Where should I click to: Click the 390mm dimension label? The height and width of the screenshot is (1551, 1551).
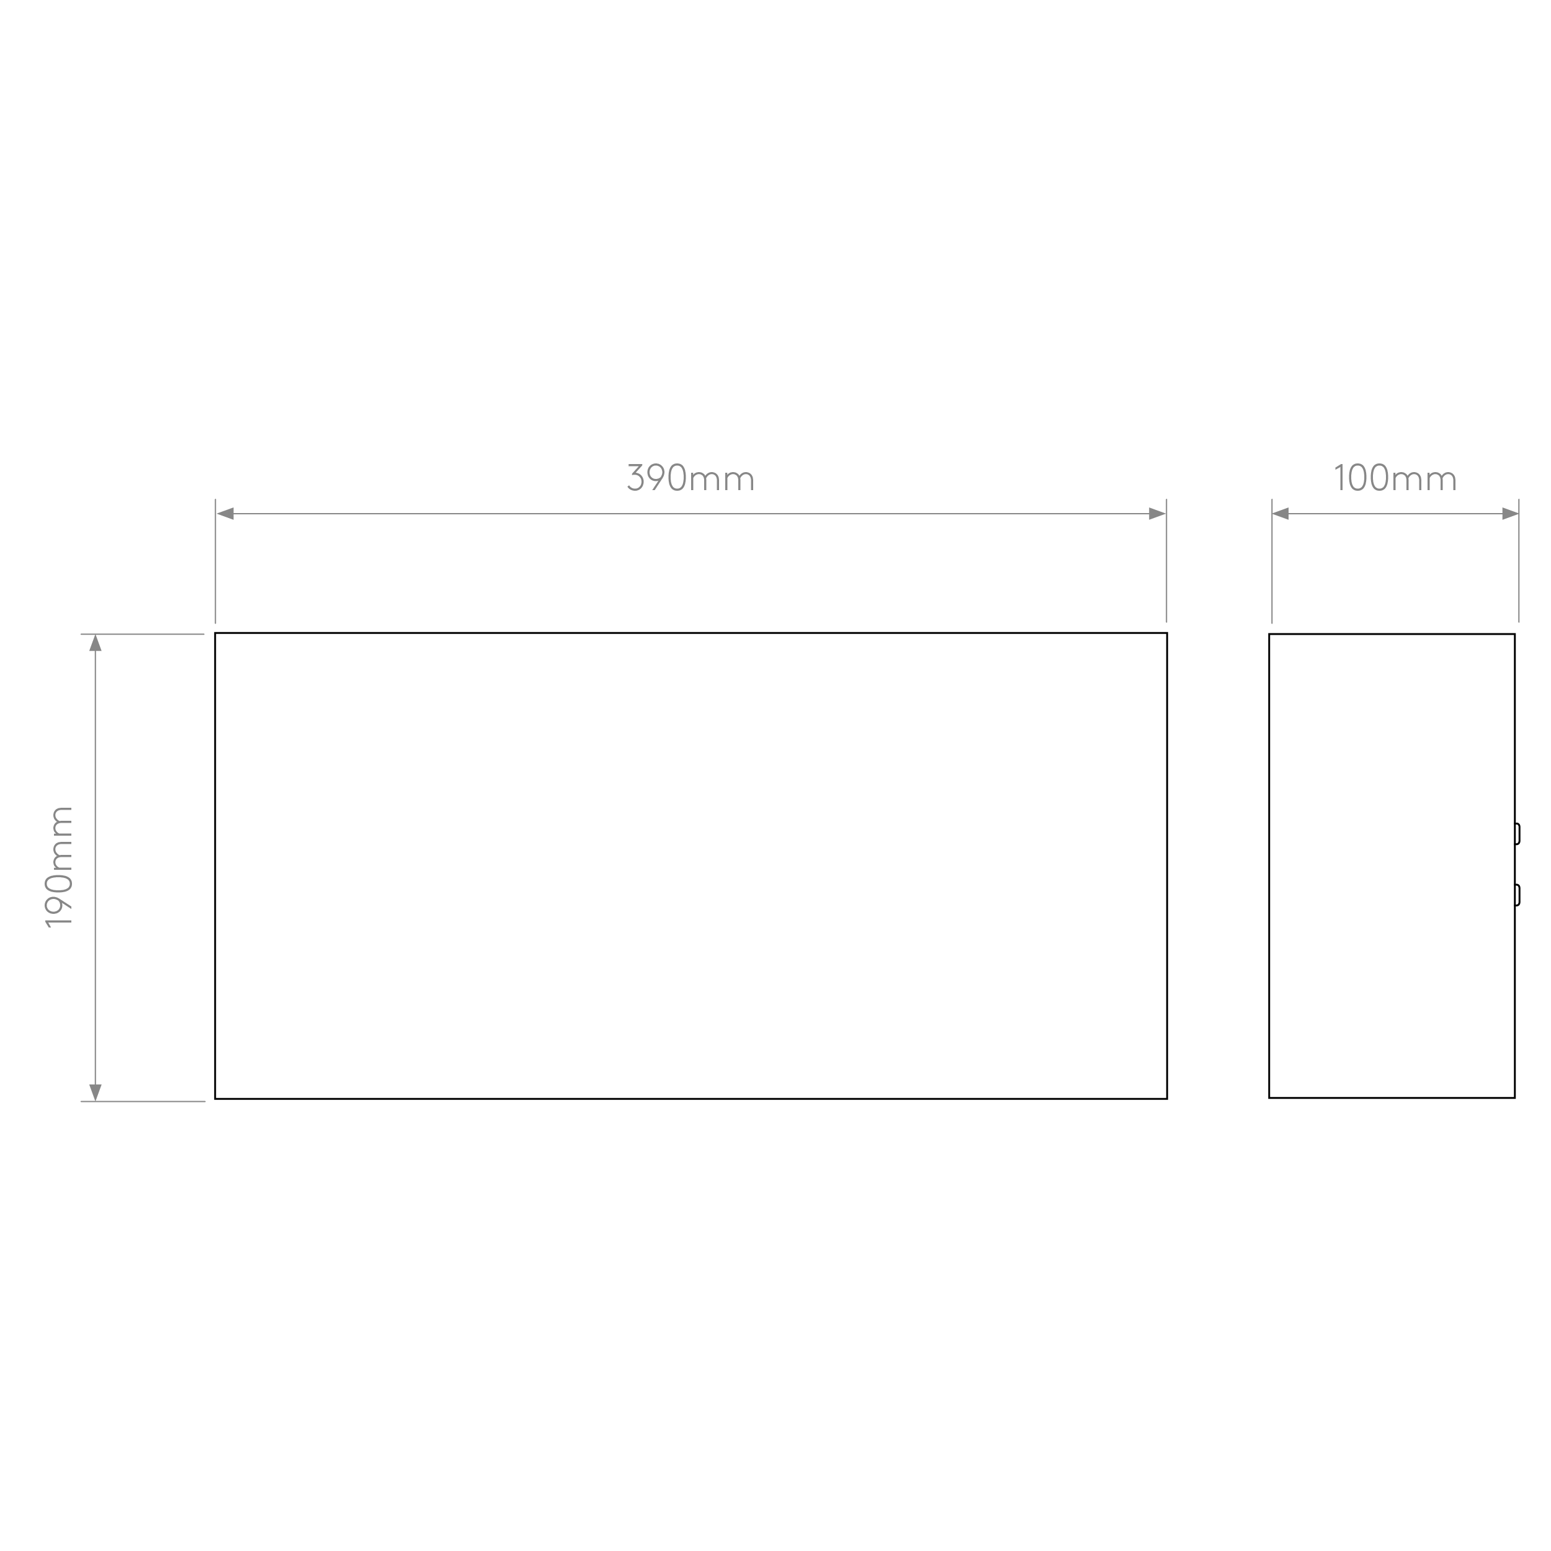691,478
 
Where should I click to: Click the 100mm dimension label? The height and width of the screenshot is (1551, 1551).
1395,478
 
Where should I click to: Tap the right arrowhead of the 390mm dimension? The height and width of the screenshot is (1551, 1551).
1157,514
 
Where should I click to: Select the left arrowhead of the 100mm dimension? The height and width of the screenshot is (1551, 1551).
1281,514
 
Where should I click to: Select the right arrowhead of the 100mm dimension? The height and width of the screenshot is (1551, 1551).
1510,514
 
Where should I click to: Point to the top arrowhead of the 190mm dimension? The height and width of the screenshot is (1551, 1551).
96,643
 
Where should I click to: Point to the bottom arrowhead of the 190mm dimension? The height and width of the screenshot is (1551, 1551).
96,1092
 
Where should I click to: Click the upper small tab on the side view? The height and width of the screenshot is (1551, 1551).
1517,834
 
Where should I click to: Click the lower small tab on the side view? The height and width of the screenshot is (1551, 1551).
1517,895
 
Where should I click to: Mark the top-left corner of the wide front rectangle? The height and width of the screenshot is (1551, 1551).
215,633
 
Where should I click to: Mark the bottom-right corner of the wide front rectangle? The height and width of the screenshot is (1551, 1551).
1167,1098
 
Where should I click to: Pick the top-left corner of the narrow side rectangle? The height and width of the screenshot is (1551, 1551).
1269,634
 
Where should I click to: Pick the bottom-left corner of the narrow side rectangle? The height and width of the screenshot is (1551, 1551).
1269,1097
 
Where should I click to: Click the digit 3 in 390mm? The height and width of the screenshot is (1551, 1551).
635,478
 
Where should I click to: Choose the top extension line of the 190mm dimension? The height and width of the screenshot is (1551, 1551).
142,634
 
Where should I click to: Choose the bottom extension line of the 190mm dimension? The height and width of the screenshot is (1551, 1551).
142,1101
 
